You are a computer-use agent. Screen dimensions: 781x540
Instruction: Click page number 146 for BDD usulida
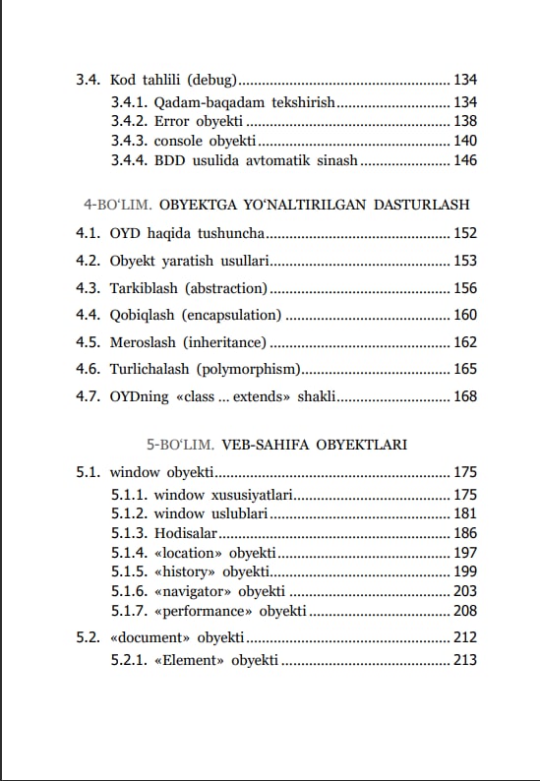(x=464, y=160)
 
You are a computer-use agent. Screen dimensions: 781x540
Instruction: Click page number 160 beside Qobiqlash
(x=464, y=315)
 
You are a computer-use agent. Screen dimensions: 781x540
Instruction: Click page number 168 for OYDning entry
(x=464, y=396)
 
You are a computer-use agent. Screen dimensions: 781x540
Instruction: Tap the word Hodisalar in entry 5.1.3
(x=185, y=533)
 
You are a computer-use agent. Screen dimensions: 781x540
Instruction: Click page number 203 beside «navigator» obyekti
(x=464, y=591)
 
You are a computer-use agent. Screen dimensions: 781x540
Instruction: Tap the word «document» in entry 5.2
(x=150, y=637)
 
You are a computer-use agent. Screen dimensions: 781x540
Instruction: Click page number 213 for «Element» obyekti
(x=464, y=659)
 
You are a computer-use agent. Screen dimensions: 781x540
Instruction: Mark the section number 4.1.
(x=88, y=234)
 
